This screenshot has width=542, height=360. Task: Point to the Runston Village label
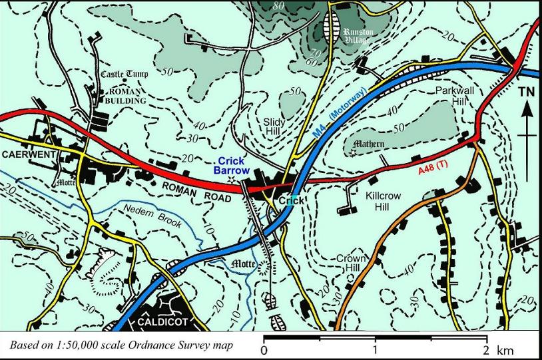point(358,35)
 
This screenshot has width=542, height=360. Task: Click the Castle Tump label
point(125,74)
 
